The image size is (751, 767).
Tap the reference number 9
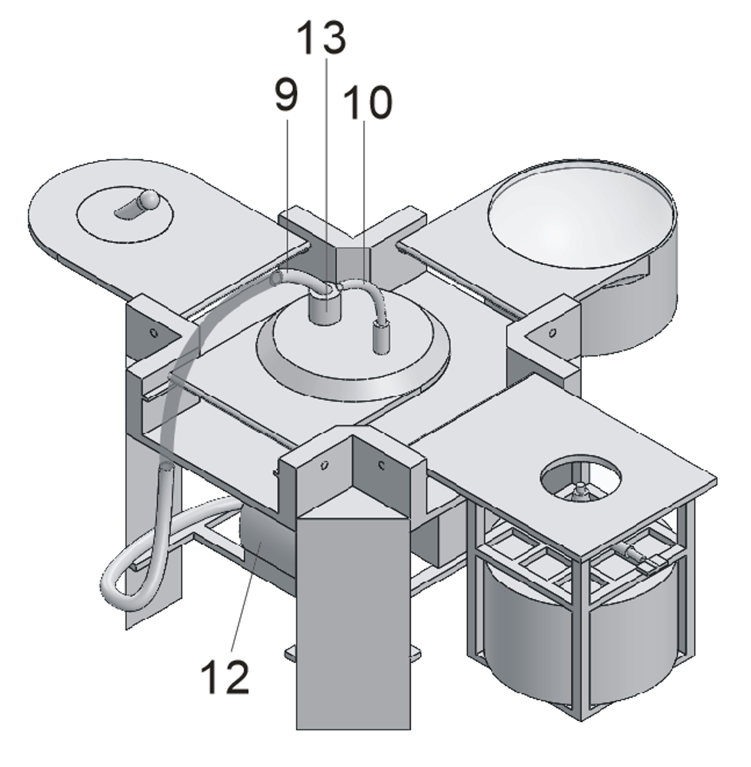(x=286, y=95)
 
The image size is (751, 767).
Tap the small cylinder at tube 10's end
(x=379, y=338)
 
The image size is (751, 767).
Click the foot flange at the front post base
(x=352, y=654)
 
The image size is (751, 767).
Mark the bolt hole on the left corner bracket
(x=154, y=333)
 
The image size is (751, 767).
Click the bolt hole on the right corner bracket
(x=552, y=332)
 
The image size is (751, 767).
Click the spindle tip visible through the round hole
(x=580, y=490)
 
